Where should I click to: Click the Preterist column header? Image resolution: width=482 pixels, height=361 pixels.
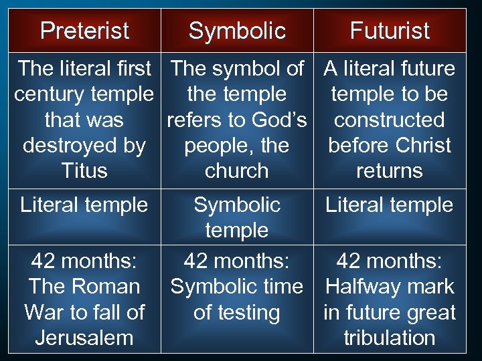coord(84,31)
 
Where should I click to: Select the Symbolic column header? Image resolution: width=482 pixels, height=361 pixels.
coord(237,31)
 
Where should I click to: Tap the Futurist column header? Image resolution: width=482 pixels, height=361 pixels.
coord(390,31)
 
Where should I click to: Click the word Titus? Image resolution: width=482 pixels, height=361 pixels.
coord(84,171)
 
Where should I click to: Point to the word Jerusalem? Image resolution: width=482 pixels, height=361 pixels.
coord(84,338)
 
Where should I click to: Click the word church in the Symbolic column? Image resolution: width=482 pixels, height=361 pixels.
coord(237,171)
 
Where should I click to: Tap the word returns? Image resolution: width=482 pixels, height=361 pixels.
coord(390,171)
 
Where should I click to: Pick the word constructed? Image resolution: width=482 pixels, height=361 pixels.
coord(390,120)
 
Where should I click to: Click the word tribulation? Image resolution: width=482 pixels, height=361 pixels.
coord(390,338)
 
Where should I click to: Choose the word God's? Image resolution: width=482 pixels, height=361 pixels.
coord(278,120)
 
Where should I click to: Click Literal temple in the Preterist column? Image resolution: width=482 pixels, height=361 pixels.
coord(84,205)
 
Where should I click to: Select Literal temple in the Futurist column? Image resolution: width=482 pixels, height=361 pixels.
coord(390,205)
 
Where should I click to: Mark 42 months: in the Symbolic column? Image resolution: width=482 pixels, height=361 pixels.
coord(237,260)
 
